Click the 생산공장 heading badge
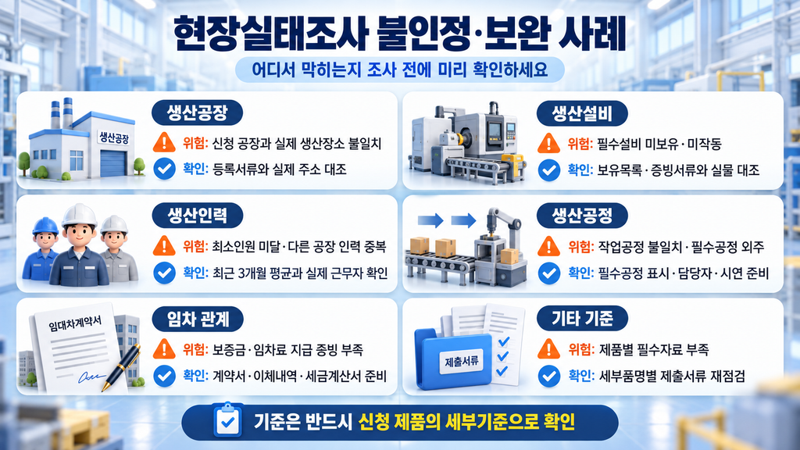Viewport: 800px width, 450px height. click(x=197, y=112)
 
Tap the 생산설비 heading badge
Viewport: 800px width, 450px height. click(x=582, y=113)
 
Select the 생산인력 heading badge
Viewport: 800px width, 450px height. click(x=198, y=216)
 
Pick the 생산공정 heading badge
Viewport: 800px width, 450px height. click(x=582, y=216)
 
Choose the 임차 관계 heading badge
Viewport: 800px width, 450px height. click(x=198, y=320)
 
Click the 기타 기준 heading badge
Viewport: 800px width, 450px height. click(x=582, y=319)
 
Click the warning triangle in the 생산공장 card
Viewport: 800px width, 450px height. click(x=164, y=142)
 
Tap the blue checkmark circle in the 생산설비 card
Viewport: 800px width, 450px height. click(x=549, y=170)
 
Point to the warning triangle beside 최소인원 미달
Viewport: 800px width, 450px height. click(x=164, y=246)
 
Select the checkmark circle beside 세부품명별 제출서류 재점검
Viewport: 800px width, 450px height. click(x=549, y=377)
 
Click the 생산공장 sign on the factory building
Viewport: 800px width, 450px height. click(x=114, y=137)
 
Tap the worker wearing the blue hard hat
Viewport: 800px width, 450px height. click(x=43, y=249)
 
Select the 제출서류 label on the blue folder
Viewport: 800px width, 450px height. click(x=462, y=361)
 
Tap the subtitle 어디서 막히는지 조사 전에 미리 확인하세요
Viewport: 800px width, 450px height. click(x=399, y=70)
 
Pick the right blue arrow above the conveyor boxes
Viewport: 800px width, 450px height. click(x=463, y=221)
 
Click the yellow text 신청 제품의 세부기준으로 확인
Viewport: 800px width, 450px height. click(x=467, y=422)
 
